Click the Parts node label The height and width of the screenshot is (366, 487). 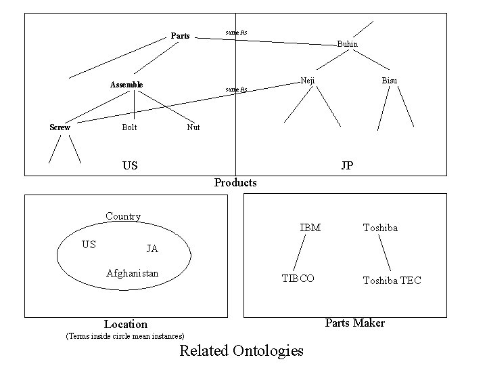click(x=180, y=36)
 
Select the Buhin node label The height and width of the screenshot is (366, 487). click(x=347, y=45)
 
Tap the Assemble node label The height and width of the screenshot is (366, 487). click(x=126, y=85)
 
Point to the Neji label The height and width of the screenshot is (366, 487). click(x=307, y=81)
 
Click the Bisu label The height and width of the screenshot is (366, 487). click(x=389, y=81)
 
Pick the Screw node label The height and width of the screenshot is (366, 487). click(x=60, y=127)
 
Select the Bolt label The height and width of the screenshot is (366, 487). click(x=129, y=127)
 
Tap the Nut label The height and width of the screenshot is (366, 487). click(x=193, y=127)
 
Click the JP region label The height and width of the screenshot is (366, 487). click(x=347, y=165)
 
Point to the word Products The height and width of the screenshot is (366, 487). click(x=235, y=182)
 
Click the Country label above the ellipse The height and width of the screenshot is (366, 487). click(x=123, y=217)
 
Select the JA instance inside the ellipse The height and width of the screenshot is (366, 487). click(x=152, y=249)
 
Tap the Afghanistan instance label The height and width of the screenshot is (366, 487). click(x=133, y=273)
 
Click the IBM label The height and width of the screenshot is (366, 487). click(x=310, y=228)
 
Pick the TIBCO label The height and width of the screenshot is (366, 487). click(x=298, y=279)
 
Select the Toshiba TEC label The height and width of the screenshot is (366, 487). click(x=392, y=280)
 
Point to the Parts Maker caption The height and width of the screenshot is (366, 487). click(x=355, y=323)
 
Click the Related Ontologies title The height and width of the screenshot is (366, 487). click(x=241, y=350)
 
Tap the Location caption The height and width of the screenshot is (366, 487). click(x=125, y=324)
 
